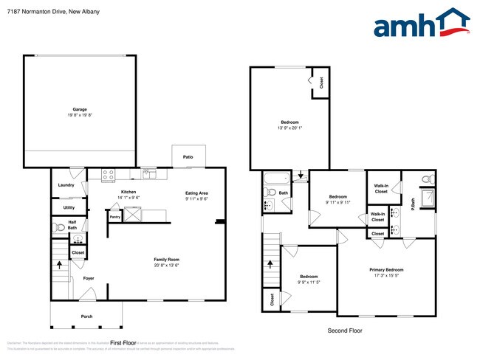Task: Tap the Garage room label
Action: [80, 109]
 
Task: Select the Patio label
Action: [188, 156]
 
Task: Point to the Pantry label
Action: [115, 217]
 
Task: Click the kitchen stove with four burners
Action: [108, 176]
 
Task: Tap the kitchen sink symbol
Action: [149, 175]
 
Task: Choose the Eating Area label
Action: [196, 193]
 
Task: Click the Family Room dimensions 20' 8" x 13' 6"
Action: [167, 266]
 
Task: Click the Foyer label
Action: [89, 278]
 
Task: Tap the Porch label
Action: [87, 316]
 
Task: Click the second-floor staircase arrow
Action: [270, 263]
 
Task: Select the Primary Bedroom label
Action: [386, 270]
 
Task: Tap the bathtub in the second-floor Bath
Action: [278, 178]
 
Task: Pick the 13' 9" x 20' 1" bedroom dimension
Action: [289, 128]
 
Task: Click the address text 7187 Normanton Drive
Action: [37, 12]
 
